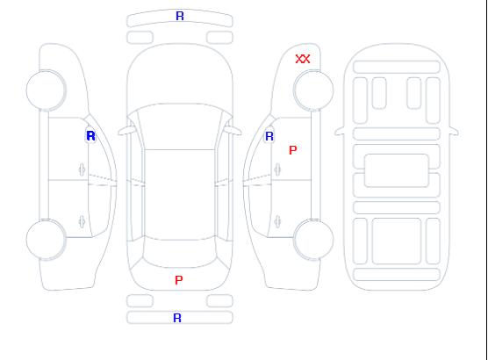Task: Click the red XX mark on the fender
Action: [303, 59]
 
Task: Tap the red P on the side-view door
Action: [293, 150]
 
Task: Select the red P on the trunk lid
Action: [179, 280]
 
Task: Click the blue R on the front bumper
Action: [180, 16]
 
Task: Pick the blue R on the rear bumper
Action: [177, 318]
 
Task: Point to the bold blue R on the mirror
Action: [91, 136]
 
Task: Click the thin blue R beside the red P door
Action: [269, 136]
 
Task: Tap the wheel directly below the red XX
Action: [313, 90]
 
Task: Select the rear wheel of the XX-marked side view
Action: [313, 239]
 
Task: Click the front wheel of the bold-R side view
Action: [46, 90]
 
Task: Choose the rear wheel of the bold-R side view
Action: [46, 239]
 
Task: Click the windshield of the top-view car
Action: [180, 126]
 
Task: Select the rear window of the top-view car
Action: [180, 254]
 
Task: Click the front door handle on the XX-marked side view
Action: [277, 169]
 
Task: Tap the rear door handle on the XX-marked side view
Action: [277, 221]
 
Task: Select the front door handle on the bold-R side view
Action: [82, 169]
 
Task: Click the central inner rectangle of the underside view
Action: [397, 170]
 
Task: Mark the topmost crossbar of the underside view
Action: [397, 67]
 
